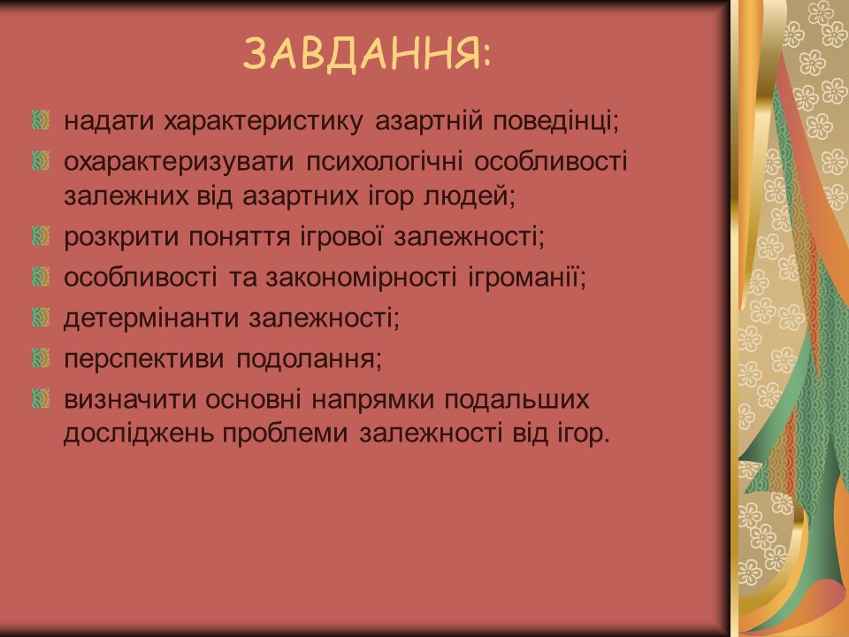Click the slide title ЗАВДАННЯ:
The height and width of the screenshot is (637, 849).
366,55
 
